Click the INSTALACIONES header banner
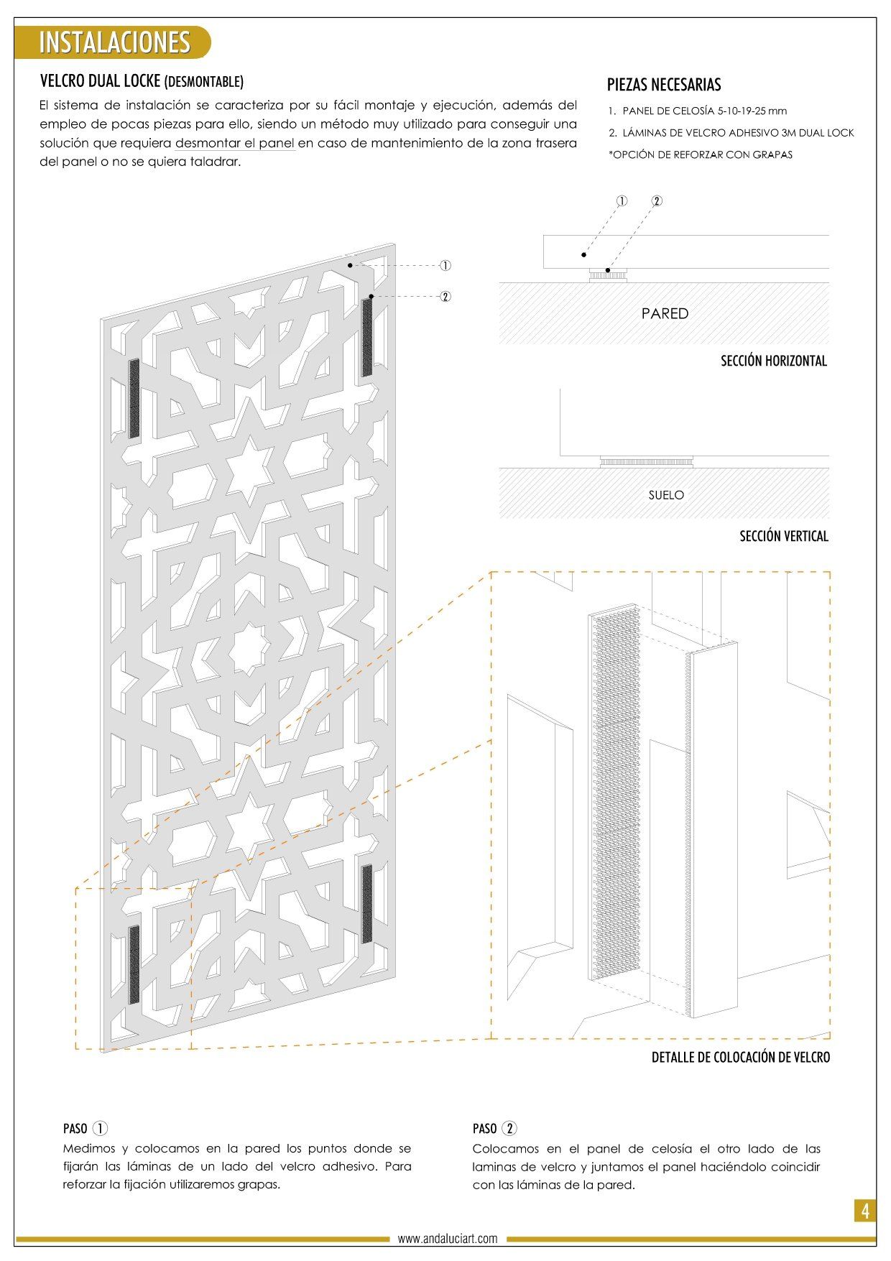pos(113,42)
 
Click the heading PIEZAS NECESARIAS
pos(664,85)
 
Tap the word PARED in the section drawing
pos(665,313)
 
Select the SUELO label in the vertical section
pos(666,495)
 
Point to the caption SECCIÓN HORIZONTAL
pos(774,361)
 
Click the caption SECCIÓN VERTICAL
pos(784,536)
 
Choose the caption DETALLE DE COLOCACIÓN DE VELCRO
pos(741,1058)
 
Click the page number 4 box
pos(865,1211)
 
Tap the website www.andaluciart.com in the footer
pos(448,1239)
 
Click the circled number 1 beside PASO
pos(101,1128)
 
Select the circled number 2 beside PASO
pos(509,1128)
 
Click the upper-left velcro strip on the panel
pos(134,398)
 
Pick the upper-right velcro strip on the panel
pos(367,338)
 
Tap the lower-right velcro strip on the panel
pos(367,904)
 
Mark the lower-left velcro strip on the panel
pos(134,965)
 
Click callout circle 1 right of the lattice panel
pos(445,266)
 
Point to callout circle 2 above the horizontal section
pos(657,201)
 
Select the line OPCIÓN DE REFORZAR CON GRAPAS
pos(701,154)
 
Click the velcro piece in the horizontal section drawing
pos(608,274)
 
